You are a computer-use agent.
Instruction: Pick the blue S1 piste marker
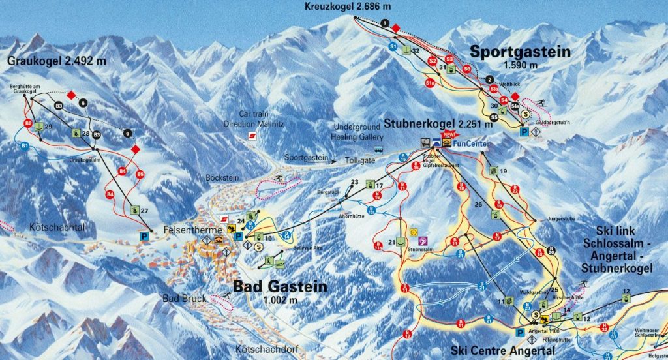coord(393,47)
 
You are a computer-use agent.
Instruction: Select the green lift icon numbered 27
coord(135,210)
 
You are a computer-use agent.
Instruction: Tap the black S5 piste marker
coord(494,117)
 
